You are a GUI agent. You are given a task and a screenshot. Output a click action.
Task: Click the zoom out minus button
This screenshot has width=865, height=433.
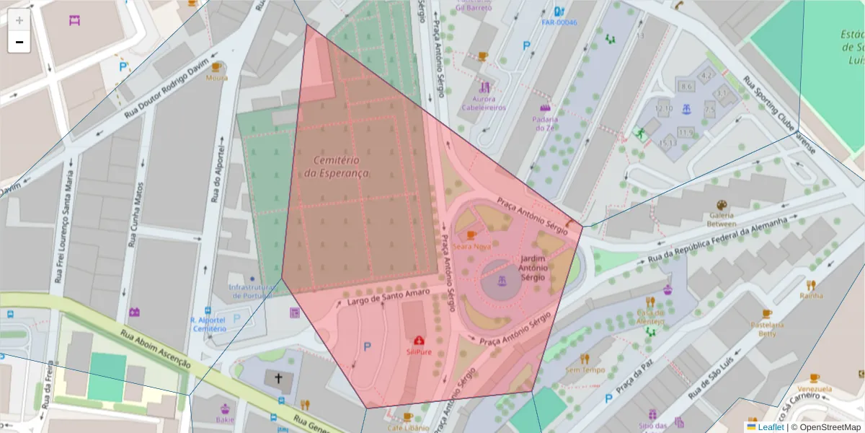coord(19,42)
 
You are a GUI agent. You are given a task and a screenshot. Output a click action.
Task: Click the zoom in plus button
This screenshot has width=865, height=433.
coord(19,20)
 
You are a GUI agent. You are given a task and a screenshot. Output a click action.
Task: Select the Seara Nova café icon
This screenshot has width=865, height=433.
coord(471,235)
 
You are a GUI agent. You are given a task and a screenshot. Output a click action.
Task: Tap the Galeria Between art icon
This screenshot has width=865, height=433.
coord(722,205)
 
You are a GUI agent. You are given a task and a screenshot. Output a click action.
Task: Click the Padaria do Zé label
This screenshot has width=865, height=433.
coord(545,123)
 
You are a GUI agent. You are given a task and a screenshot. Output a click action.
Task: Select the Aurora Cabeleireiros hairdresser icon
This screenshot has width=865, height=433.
coord(484,87)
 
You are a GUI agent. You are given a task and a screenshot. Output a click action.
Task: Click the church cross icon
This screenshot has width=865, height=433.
coord(278,378)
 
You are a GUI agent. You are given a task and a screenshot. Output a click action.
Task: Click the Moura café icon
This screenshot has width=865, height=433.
coord(216,67)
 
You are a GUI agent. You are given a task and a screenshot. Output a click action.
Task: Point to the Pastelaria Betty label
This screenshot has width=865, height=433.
coord(766,329)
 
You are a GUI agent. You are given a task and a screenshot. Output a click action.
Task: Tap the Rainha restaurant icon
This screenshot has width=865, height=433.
coord(811,285)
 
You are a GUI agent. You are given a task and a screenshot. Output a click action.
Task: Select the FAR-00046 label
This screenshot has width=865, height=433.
coord(559,22)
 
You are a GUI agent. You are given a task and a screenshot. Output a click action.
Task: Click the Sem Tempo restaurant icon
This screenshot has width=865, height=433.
coord(585,359)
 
